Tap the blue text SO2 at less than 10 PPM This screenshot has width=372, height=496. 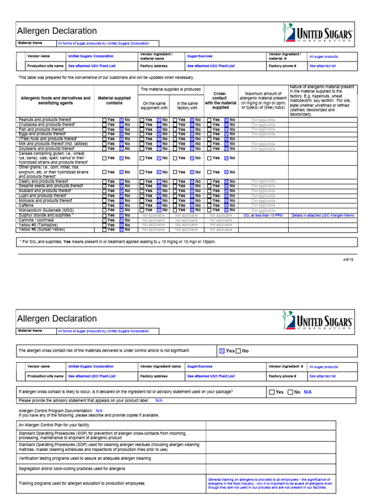263,215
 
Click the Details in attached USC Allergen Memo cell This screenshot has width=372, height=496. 323,215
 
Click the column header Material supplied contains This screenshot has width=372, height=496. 114,101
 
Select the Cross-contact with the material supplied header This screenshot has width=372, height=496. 220,101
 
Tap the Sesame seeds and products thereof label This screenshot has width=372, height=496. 50,186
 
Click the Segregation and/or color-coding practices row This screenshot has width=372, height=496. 72,469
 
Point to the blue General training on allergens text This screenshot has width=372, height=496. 270,483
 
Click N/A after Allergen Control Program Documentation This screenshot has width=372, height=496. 99,410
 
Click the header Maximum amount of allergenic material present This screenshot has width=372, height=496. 263,101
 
